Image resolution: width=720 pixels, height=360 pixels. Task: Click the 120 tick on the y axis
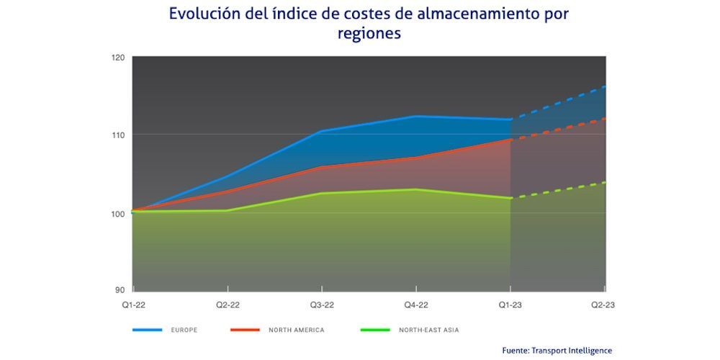[118, 57]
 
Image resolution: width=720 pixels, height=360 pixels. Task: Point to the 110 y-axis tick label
[118, 135]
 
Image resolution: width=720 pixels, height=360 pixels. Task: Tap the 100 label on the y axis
[118, 213]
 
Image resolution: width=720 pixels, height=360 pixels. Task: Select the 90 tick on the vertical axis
[120, 289]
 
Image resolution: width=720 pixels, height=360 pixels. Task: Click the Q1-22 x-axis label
[132, 305]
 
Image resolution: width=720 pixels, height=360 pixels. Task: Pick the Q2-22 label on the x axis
[228, 305]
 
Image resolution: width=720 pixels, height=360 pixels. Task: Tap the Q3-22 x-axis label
[322, 305]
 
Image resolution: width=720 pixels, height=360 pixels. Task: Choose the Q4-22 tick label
[416, 305]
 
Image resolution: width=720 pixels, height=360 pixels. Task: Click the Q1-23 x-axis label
[510, 305]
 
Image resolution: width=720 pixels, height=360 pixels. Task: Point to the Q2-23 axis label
[603, 305]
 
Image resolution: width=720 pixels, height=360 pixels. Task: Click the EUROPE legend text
[184, 330]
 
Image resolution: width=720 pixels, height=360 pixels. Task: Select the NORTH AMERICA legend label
[296, 330]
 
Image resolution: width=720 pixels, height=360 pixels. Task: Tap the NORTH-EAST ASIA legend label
[428, 330]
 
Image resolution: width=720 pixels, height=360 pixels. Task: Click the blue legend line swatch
[147, 330]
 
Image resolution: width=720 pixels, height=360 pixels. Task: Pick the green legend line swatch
[374, 330]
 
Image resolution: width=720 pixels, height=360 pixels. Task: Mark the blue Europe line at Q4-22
[416, 116]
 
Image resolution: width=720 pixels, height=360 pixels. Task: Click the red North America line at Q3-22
[322, 167]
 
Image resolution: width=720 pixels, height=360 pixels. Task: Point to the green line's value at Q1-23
[510, 197]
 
